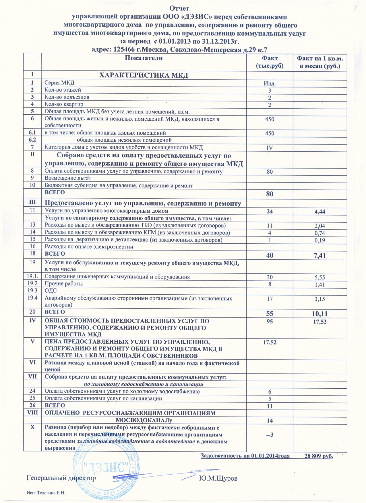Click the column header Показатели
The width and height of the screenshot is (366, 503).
[144, 58]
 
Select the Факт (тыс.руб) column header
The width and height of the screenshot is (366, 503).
[269, 62]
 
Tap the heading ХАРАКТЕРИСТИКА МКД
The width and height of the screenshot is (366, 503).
[144, 76]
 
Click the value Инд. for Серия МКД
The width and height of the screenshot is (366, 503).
[270, 84]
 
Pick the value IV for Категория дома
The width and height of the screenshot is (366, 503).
[270, 148]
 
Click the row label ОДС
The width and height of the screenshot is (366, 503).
[49, 291]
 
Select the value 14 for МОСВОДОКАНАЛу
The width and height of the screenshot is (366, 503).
[270, 421]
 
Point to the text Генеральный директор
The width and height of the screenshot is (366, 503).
[61, 478]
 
